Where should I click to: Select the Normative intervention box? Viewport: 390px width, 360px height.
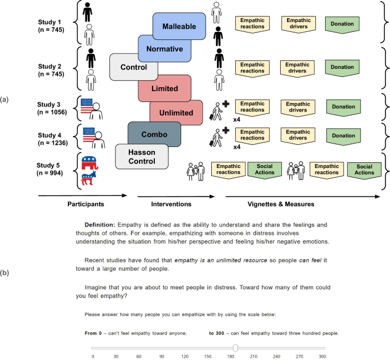(164, 49)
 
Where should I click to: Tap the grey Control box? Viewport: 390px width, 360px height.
(134, 67)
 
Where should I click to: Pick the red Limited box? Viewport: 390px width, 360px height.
(165, 89)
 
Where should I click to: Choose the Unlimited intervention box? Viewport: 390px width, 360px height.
(176, 112)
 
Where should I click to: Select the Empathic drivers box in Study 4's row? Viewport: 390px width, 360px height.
(298, 136)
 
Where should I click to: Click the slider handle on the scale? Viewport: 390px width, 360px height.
(235, 348)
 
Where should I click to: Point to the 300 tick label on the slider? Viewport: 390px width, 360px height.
(322, 356)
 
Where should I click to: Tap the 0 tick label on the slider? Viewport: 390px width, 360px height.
(93, 356)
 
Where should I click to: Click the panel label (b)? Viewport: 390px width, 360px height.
(5, 273)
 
